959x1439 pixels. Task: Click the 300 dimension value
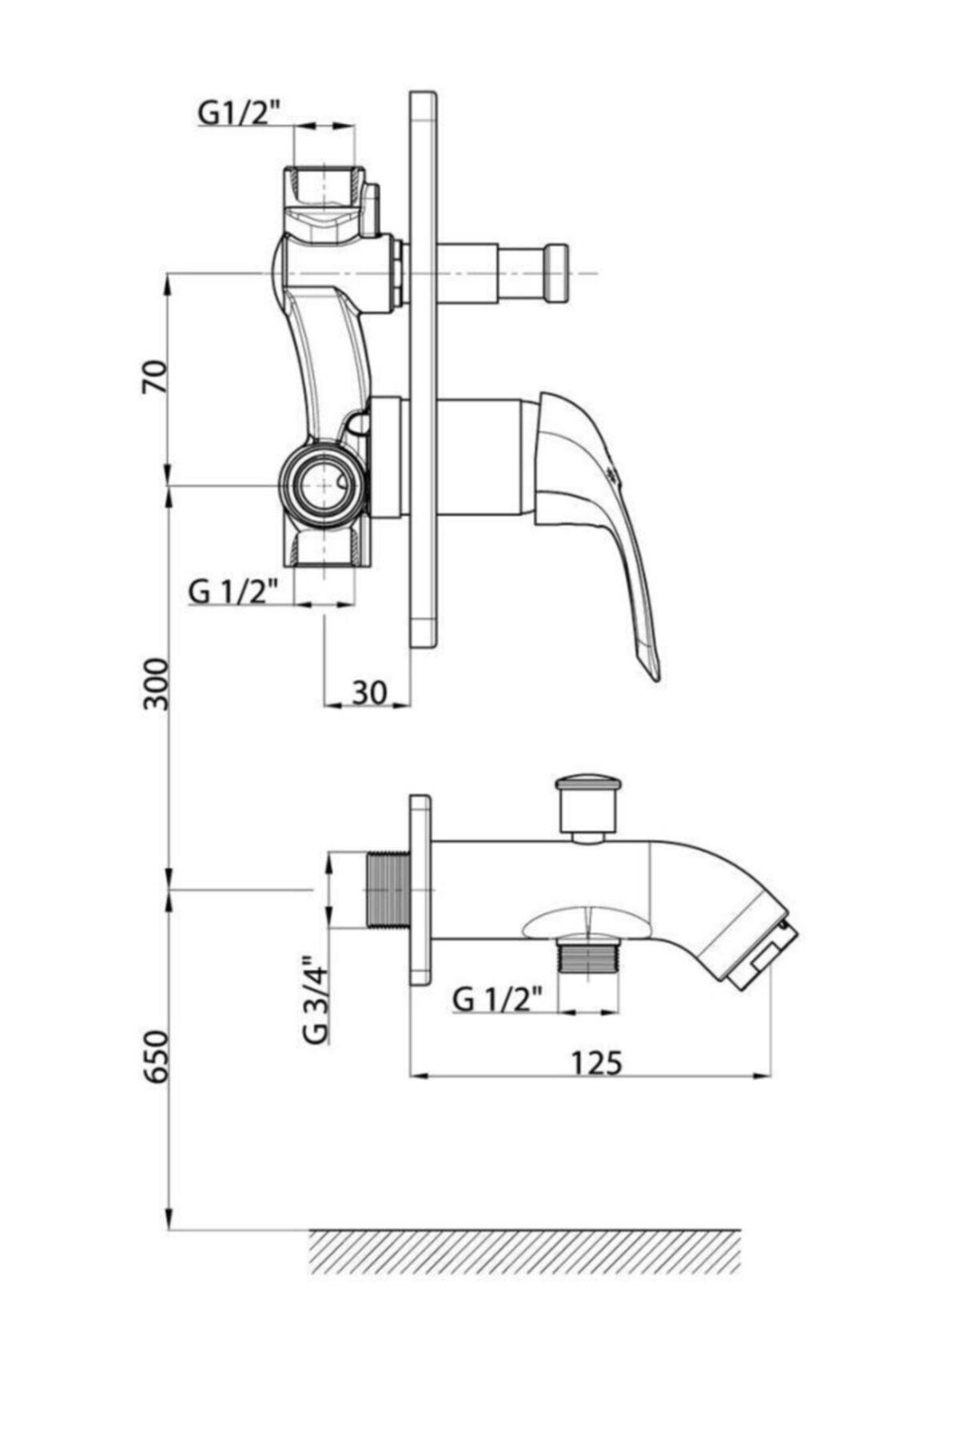pos(156,684)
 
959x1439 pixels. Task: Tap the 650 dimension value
pos(156,1056)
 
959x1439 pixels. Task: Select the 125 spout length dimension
pos(595,1062)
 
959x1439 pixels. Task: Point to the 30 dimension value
pos(369,692)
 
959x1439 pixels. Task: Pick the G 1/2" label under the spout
pos(497,999)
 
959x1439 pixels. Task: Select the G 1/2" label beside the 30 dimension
pos(233,592)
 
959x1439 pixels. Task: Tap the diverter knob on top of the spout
pos(587,807)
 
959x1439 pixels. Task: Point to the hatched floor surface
pos(525,1251)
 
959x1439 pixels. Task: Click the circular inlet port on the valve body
pos(323,485)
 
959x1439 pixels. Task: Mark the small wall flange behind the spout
pos(420,889)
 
